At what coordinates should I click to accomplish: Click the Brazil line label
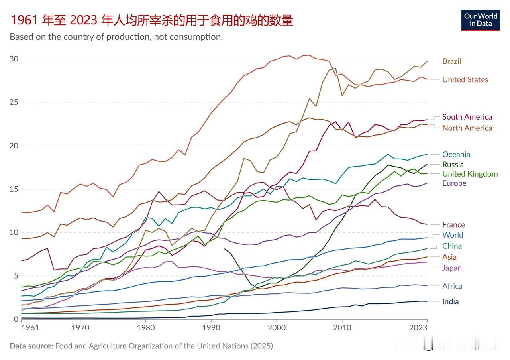451,61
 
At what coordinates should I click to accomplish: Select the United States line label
465,79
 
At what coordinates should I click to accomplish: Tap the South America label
467,117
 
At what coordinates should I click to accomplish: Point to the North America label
467,128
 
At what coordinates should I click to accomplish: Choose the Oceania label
456,154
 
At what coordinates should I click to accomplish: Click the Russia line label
453,164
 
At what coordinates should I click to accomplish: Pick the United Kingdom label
470,174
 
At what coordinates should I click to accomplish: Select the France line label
453,225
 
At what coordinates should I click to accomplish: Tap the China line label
452,246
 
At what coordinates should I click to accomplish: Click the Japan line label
452,268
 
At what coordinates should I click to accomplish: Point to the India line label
450,301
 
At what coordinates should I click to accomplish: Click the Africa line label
452,286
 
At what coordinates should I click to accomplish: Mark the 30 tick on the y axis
14,59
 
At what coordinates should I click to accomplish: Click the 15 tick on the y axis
14,189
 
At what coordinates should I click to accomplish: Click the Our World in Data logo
481,20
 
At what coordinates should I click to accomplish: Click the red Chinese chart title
151,20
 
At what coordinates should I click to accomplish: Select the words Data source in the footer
31,346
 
